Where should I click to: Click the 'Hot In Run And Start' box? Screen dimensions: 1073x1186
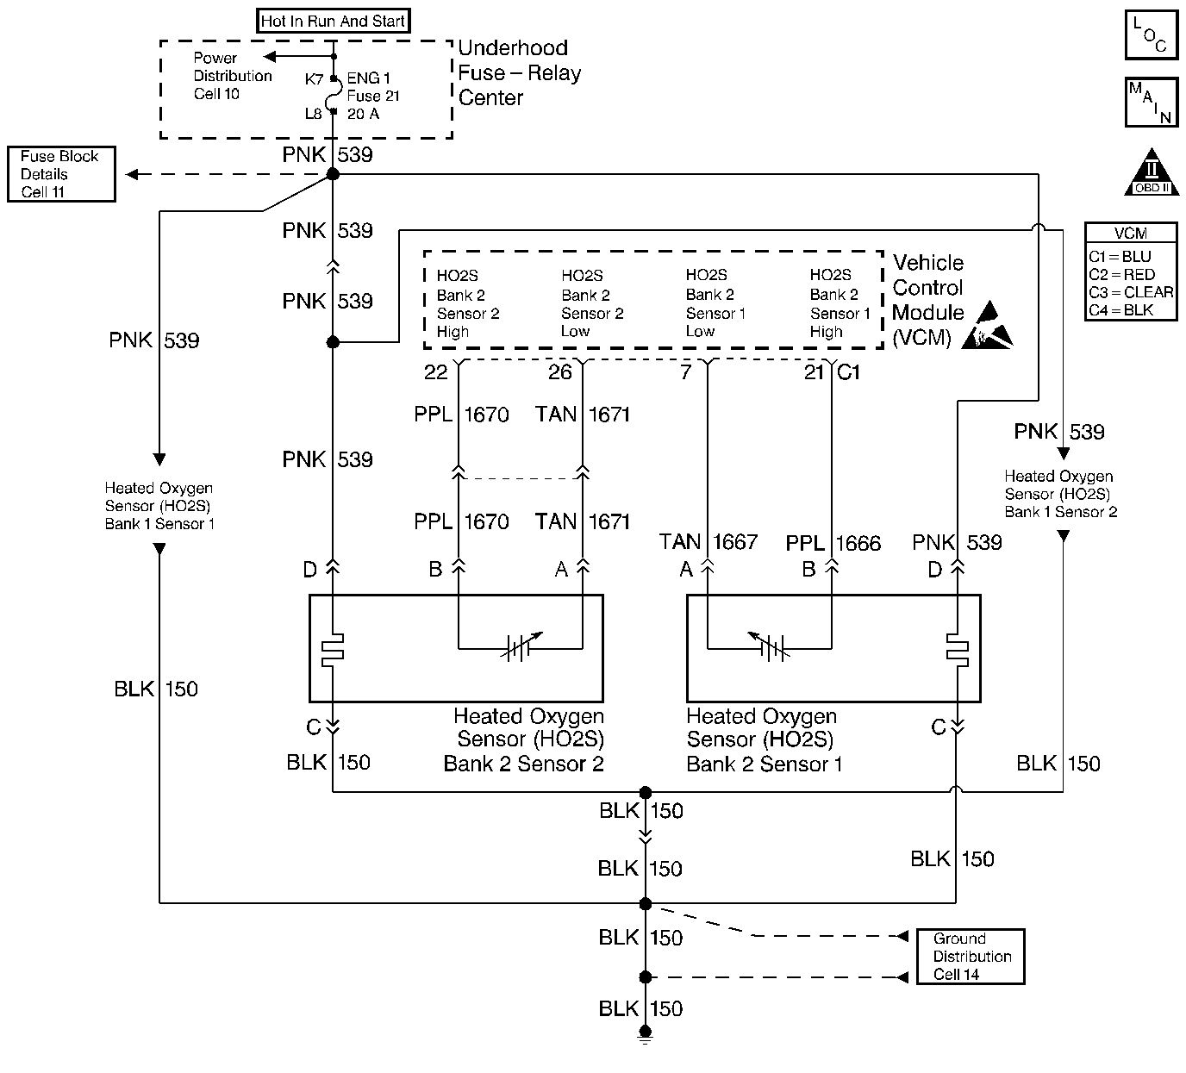coord(333,22)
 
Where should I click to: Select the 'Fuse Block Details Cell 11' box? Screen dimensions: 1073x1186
coord(60,174)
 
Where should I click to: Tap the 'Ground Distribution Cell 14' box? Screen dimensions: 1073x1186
coord(970,957)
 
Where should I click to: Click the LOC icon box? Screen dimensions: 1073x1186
coord(1151,35)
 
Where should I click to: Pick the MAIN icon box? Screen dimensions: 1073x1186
coord(1151,103)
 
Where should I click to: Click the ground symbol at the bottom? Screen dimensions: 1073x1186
coord(645,1034)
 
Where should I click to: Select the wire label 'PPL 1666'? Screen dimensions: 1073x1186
coord(833,544)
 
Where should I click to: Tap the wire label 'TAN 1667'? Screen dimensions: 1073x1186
coord(708,542)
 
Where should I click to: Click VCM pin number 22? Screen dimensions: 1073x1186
coord(436,372)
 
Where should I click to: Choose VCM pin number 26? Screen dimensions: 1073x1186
coord(560,372)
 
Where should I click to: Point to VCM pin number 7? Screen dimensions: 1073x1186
coord(686,372)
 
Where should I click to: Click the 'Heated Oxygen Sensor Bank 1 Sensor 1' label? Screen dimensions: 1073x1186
coord(159,506)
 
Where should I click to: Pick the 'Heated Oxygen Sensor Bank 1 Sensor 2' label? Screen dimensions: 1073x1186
coord(1060,494)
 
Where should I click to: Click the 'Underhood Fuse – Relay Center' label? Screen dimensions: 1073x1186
coord(519,73)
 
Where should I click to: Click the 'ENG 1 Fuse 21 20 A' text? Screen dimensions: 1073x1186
coord(373,96)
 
